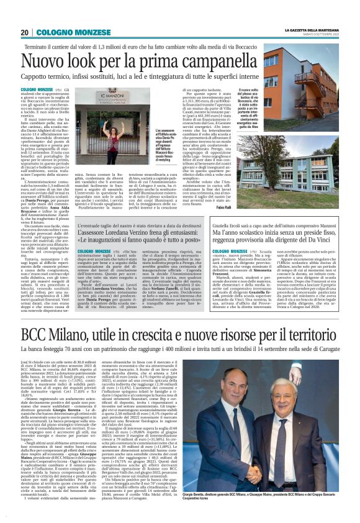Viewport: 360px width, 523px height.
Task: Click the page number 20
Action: tap(24, 32)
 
